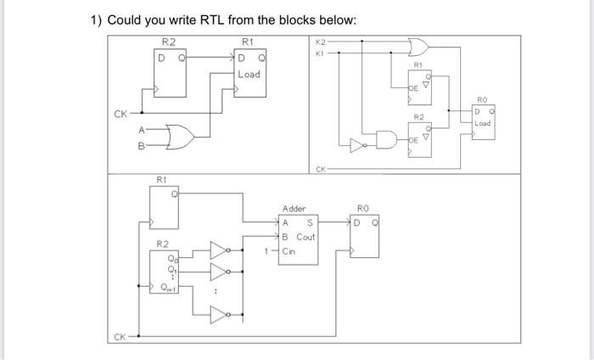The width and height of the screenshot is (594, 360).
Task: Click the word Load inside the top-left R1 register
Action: pyautogui.click(x=249, y=74)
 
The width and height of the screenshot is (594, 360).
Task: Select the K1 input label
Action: pyautogui.click(x=320, y=53)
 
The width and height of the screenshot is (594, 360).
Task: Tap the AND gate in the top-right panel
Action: pyautogui.click(x=388, y=139)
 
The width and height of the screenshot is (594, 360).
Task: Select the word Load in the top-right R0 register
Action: pyautogui.click(x=482, y=123)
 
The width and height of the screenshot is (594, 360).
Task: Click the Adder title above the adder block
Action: pyautogui.click(x=294, y=208)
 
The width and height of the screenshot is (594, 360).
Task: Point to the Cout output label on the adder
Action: pyautogui.click(x=305, y=237)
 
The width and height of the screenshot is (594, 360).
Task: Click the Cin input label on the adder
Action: pyautogui.click(x=289, y=251)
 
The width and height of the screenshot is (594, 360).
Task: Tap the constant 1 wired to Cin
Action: pyautogui.click(x=266, y=251)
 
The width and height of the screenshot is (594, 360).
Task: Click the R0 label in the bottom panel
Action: pyautogui.click(x=363, y=207)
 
